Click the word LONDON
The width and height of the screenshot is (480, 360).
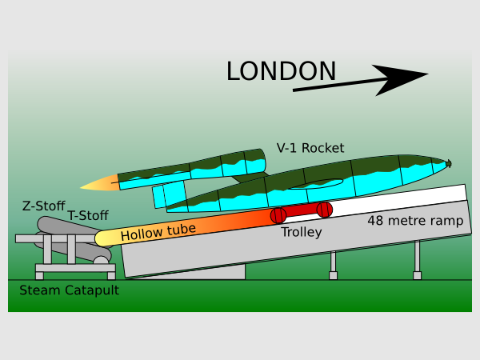click(x=281, y=71)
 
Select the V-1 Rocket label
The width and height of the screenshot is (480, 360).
click(x=310, y=148)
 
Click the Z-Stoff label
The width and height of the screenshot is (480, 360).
click(x=43, y=206)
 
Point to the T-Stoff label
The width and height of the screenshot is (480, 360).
click(x=89, y=215)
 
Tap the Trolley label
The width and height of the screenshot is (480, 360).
click(x=301, y=233)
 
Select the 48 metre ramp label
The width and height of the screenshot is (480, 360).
click(x=414, y=221)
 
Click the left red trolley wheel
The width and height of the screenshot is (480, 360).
click(x=278, y=215)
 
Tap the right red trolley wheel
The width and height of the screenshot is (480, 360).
click(x=324, y=210)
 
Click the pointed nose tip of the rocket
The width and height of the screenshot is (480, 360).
click(x=450, y=164)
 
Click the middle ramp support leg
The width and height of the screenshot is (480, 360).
click(x=333, y=264)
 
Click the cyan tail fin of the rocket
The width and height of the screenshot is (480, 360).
click(x=169, y=194)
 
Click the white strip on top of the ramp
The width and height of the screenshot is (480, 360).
click(x=400, y=201)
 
